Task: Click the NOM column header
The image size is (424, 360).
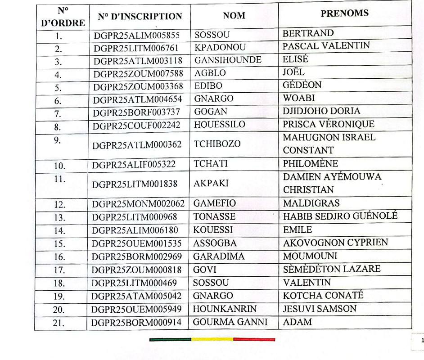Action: click(234, 16)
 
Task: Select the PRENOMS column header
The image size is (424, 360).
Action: click(344, 13)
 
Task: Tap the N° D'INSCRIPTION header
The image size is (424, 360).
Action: click(140, 17)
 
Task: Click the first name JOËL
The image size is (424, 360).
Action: click(293, 72)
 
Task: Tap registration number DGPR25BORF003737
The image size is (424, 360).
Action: click(136, 112)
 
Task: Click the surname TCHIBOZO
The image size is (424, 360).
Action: click(217, 144)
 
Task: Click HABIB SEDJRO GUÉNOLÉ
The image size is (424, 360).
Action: click(340, 216)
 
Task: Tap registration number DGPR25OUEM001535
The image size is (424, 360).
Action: click(136, 243)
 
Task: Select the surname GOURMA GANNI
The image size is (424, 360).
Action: click(230, 322)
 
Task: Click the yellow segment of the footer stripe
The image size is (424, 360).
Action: click(212, 339)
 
